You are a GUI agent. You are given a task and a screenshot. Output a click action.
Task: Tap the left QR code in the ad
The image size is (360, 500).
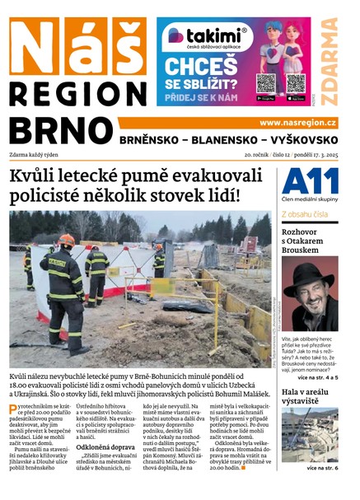click(x=265, y=83)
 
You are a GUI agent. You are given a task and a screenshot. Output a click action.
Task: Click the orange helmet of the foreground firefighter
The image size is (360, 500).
click(x=66, y=241)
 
